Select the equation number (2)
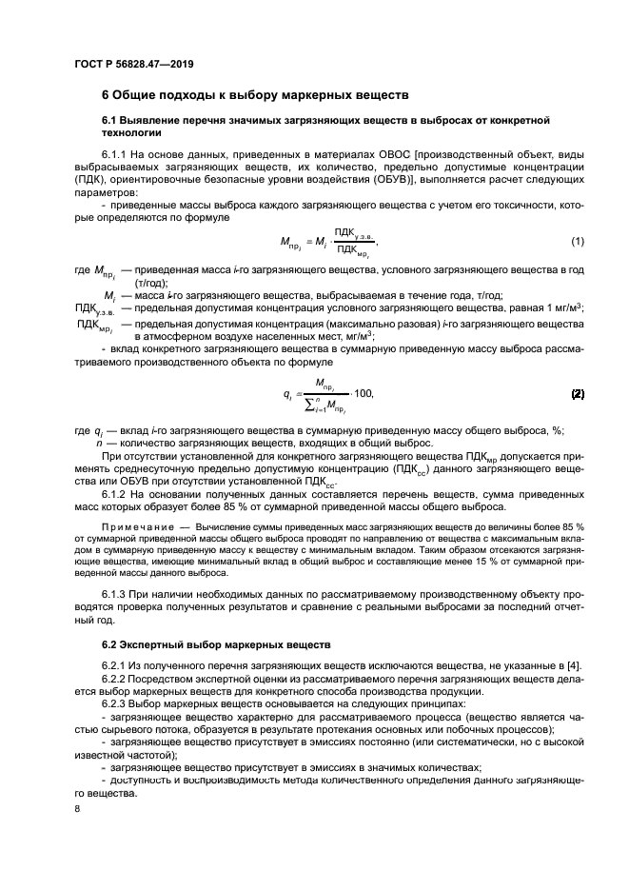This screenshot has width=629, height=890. point(577,393)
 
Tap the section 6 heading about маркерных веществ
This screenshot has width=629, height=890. point(255,95)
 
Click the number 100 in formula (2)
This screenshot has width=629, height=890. point(362,394)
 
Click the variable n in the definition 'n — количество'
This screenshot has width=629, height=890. point(99,445)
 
